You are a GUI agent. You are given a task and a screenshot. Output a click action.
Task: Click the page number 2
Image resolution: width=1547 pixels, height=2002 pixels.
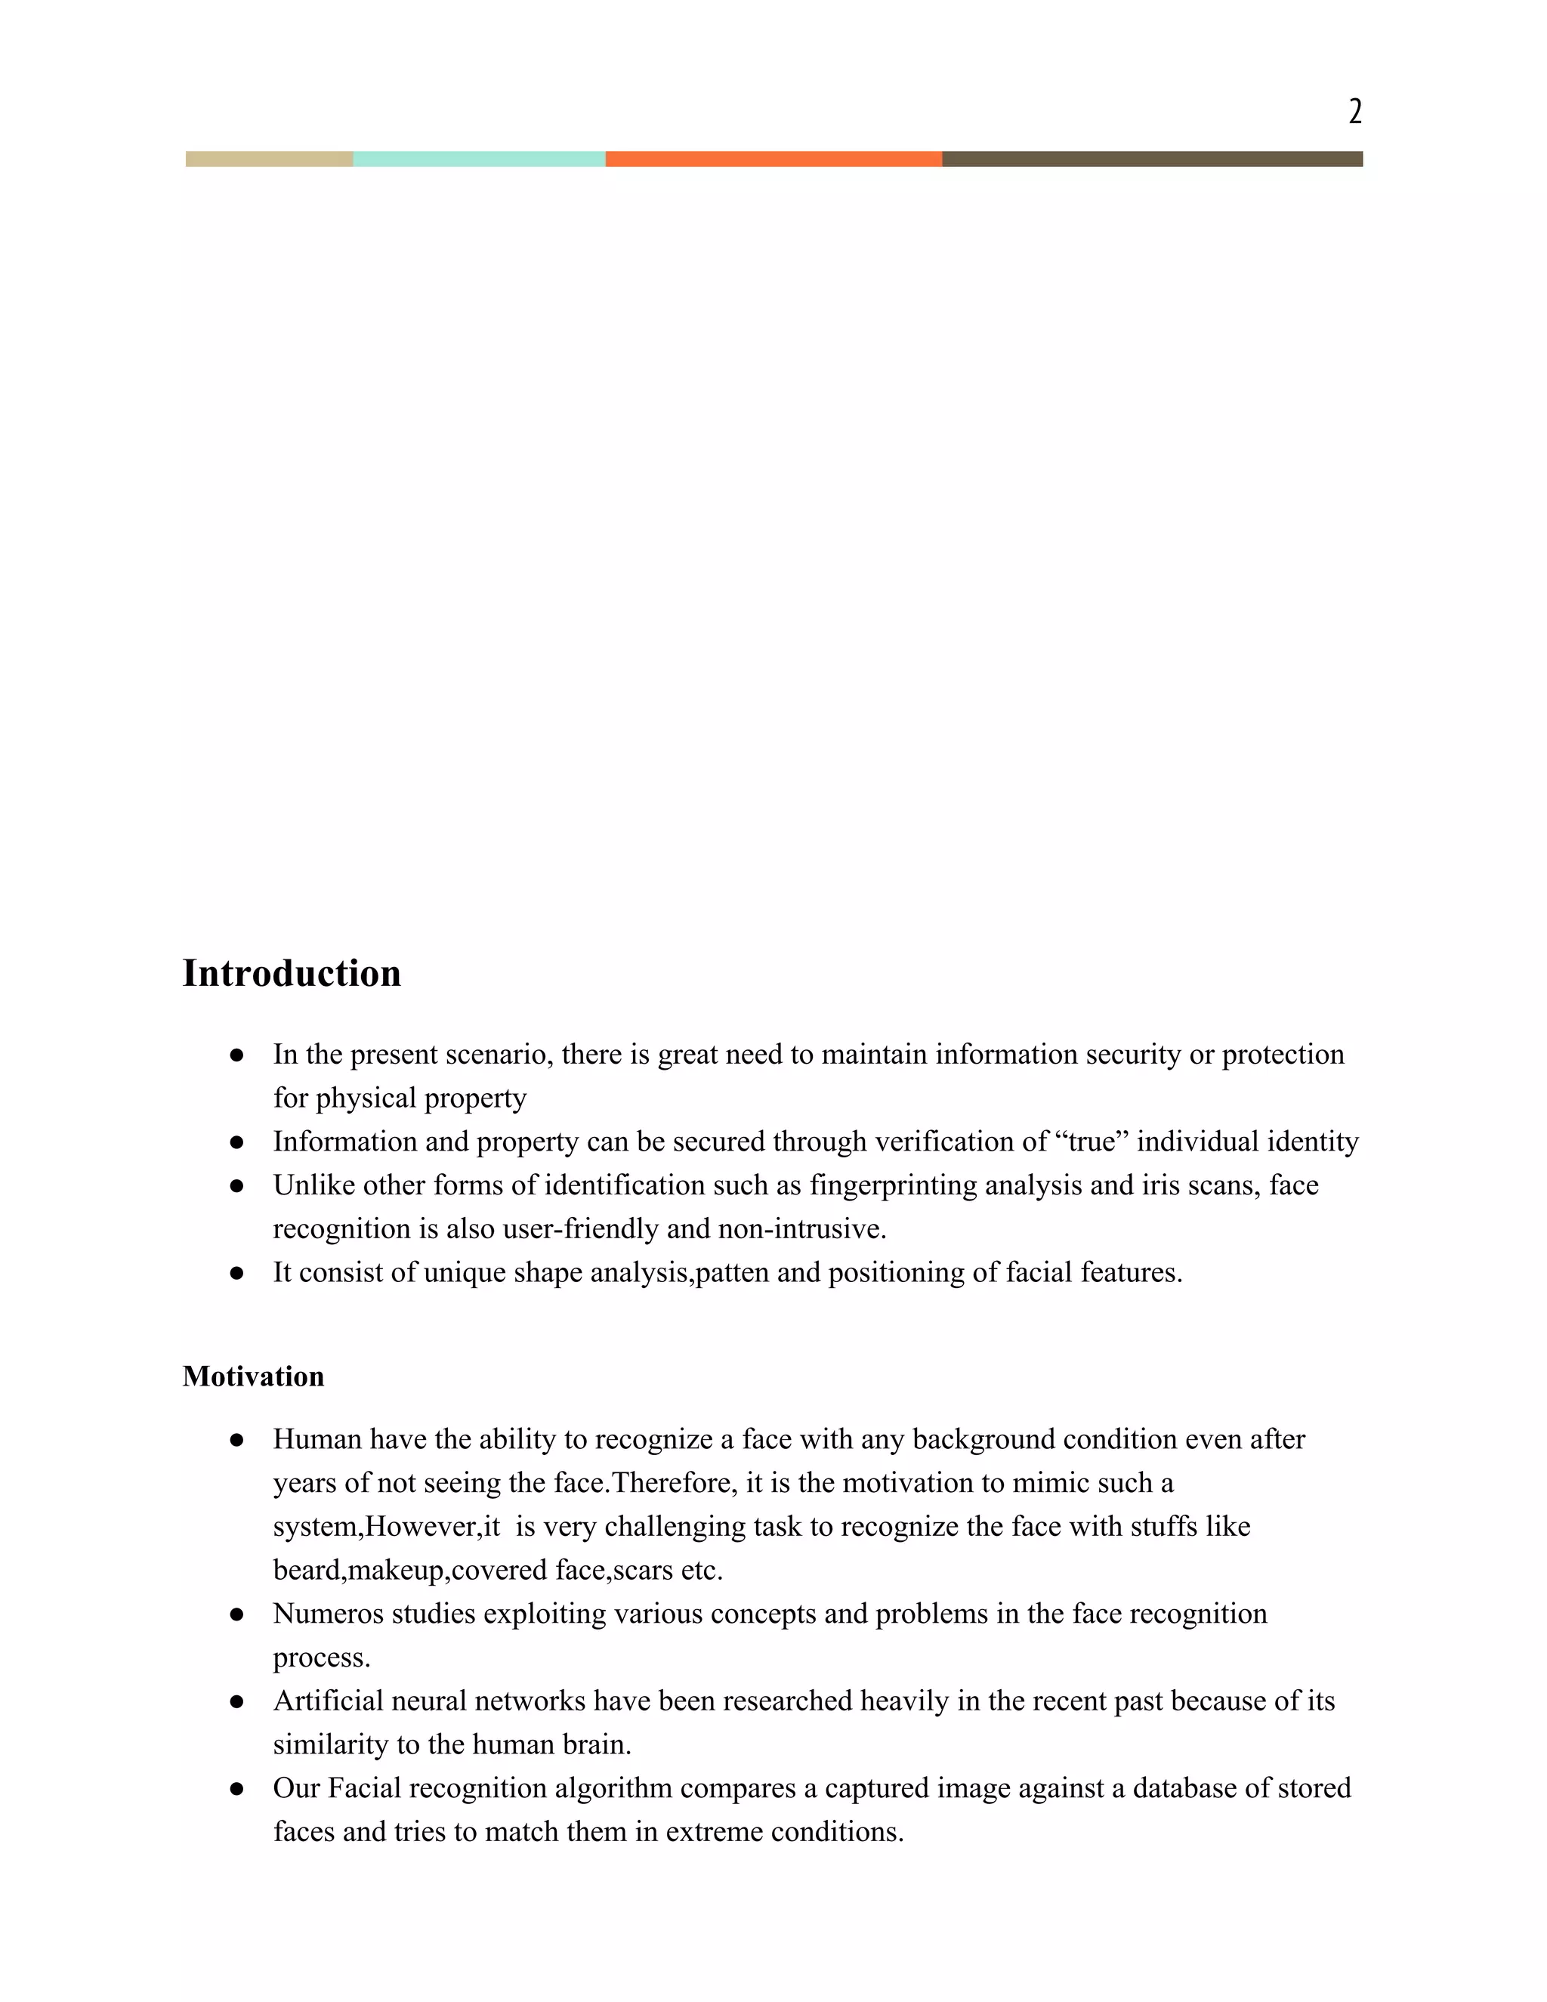point(1354,112)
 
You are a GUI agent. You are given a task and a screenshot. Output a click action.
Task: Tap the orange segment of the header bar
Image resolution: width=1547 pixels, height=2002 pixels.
point(773,159)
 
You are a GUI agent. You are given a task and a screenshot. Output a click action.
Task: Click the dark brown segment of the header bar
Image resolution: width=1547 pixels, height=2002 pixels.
point(1151,159)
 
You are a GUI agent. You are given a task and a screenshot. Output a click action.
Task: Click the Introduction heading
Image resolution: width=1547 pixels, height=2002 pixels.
point(292,974)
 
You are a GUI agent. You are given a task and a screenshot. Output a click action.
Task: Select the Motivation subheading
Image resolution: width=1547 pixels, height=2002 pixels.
point(253,1376)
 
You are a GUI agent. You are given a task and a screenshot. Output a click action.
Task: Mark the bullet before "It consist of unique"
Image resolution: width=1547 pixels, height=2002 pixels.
point(236,1273)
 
